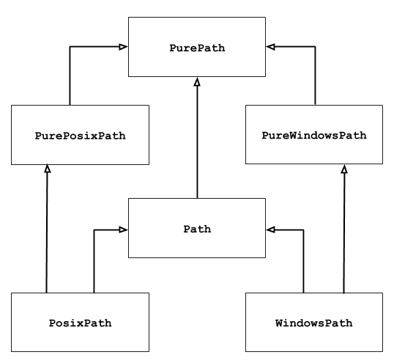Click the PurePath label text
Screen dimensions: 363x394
197,48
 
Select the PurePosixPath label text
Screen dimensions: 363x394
81,136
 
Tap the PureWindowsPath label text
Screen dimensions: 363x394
314,136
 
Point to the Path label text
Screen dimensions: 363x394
197,229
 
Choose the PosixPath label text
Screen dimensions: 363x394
81,323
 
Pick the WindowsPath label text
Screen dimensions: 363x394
314,323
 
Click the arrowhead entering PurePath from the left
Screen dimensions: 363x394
124,47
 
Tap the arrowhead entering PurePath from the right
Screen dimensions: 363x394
270,47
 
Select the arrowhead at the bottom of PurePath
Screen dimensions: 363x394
197,81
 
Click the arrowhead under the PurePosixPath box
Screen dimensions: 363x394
47,169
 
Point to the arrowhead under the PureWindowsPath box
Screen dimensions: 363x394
344,169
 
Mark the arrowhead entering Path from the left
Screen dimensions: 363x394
124,230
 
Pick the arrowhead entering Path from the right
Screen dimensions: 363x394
270,230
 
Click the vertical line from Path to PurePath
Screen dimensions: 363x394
197,139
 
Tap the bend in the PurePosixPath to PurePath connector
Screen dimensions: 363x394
70,47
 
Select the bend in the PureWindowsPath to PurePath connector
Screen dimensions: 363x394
315,47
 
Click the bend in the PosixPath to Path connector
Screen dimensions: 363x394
94,230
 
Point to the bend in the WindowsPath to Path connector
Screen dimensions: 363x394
303,230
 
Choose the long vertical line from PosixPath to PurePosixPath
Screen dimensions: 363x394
47,235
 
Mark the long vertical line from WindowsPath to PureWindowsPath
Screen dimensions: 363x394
344,235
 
